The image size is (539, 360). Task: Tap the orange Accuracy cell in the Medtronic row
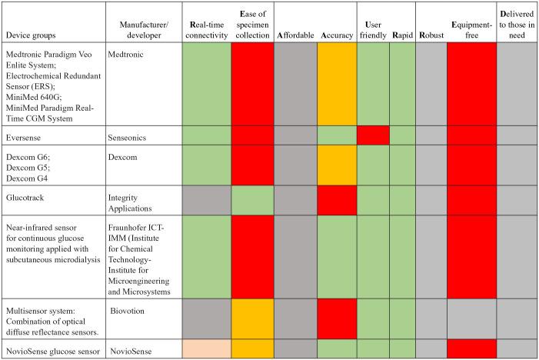[x=337, y=84]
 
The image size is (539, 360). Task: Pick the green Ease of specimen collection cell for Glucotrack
[x=252, y=200]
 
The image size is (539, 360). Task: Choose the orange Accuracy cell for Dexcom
[x=337, y=165]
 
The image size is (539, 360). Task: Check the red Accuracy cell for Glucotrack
[x=337, y=200]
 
